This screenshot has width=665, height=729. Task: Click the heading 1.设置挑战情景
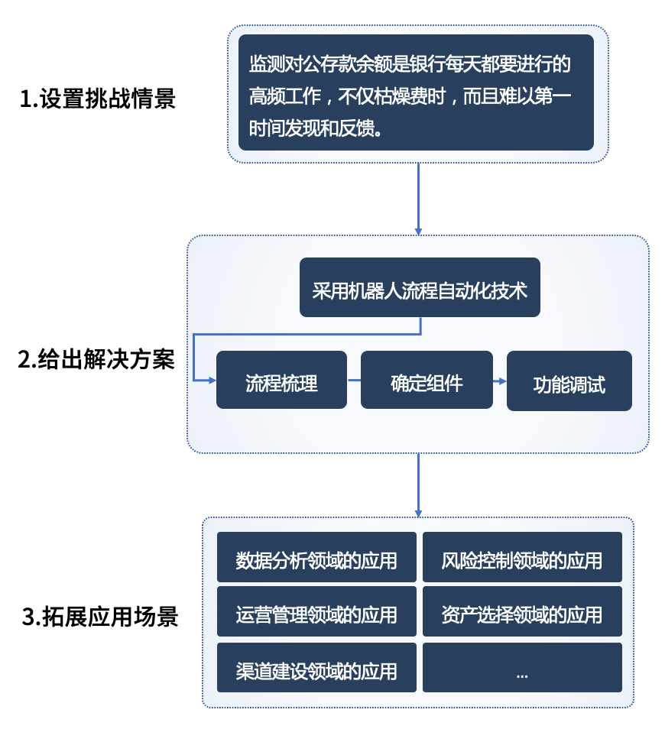[98, 99]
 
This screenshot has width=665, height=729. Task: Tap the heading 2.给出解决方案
[96, 359]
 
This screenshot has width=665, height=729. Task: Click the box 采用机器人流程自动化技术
[420, 287]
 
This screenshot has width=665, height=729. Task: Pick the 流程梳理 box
[281, 381]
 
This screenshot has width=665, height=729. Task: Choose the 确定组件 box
[427, 381]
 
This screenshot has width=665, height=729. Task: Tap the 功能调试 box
[569, 381]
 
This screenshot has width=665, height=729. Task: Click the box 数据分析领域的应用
[316, 558]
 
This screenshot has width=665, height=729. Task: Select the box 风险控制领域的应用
[522, 558]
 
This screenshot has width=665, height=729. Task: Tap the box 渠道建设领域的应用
[316, 668]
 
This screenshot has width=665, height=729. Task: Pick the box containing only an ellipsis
[522, 668]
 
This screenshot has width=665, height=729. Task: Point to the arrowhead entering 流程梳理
[212, 380]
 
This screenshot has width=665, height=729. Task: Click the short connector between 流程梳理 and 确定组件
[354, 380]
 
